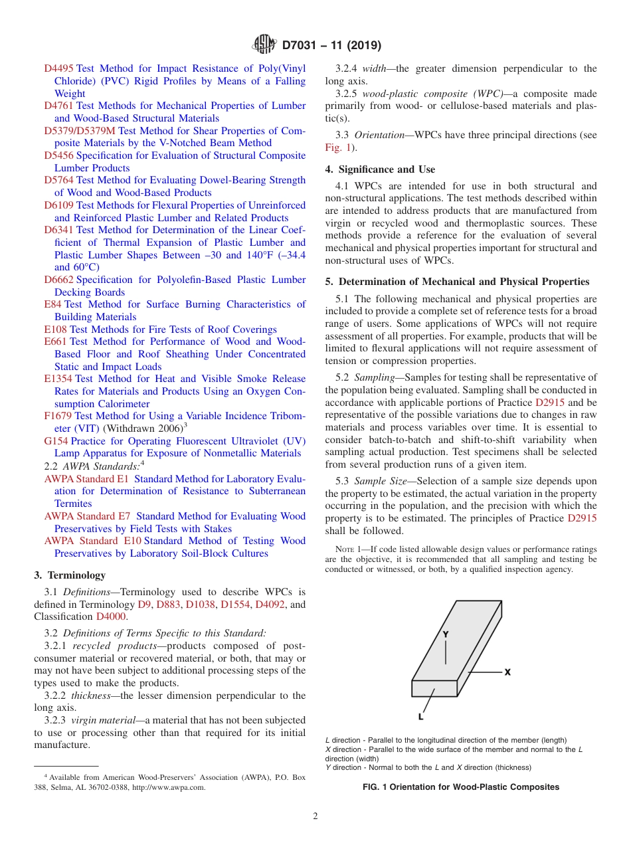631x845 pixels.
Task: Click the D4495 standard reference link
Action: [x=59, y=68]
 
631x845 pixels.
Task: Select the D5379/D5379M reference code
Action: [x=80, y=131]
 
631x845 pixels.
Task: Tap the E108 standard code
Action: [x=55, y=329]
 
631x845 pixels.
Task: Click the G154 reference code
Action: [x=56, y=441]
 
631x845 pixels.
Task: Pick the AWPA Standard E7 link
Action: [x=88, y=516]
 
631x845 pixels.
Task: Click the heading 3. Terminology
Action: [x=70, y=575]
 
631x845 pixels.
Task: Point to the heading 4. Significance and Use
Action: [x=380, y=169]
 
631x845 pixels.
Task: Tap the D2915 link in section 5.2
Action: [x=550, y=403]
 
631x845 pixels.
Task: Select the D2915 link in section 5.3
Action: [x=582, y=518]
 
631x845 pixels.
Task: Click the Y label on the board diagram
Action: [x=446, y=634]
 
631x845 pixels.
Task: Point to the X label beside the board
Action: [x=507, y=672]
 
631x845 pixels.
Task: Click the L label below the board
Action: [x=421, y=717]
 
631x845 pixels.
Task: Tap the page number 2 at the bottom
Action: [x=315, y=816]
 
